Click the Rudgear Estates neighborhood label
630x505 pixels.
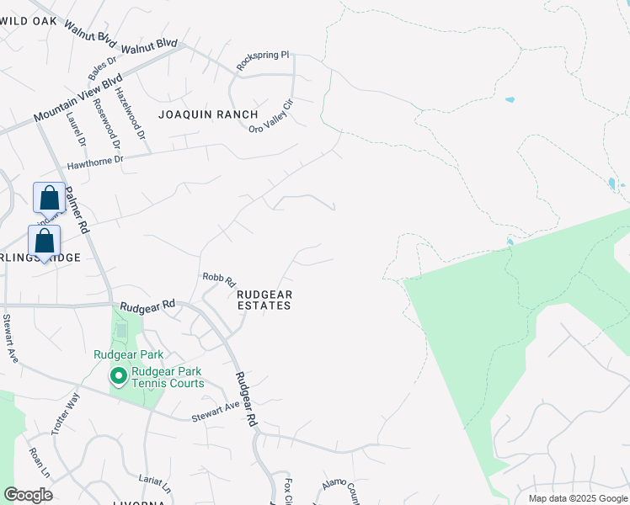coord(264,300)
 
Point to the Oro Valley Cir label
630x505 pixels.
coord(271,116)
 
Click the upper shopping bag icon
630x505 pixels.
coord(50,198)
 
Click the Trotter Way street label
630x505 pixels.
coord(66,412)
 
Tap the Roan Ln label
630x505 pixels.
coord(37,462)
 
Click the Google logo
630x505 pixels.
coord(28,495)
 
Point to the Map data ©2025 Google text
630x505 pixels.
coord(577,498)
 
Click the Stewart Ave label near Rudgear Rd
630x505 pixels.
coord(216,412)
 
